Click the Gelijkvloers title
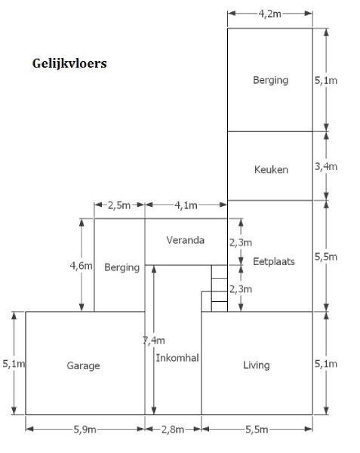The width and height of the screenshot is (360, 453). tap(69, 64)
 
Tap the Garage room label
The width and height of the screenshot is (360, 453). tap(84, 365)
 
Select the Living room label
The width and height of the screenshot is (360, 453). tap(257, 365)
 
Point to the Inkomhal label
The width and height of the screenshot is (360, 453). tap(177, 358)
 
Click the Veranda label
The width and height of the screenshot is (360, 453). tap(186, 240)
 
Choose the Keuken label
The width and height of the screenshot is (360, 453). tap(271, 170)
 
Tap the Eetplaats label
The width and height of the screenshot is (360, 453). tap(274, 262)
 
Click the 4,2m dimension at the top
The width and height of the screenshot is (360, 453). tap(269, 14)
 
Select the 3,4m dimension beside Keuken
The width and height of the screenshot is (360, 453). tap(326, 167)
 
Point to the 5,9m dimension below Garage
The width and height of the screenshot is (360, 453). tap(85, 430)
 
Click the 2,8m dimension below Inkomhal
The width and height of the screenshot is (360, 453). tap(173, 430)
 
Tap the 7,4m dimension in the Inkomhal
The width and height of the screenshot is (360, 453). tap(153, 341)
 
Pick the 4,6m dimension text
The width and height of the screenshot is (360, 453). tap(81, 266)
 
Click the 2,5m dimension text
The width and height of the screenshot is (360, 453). tap(119, 205)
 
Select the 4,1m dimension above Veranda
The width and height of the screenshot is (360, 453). tap(186, 205)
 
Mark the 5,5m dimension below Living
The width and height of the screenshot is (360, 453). tap(257, 430)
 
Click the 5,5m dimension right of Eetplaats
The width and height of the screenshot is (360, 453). tap(326, 257)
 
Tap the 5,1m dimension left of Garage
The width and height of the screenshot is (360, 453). tap(14, 364)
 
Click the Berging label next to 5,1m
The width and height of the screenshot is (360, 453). tap(270, 80)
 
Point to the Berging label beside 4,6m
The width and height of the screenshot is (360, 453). tap(122, 267)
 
